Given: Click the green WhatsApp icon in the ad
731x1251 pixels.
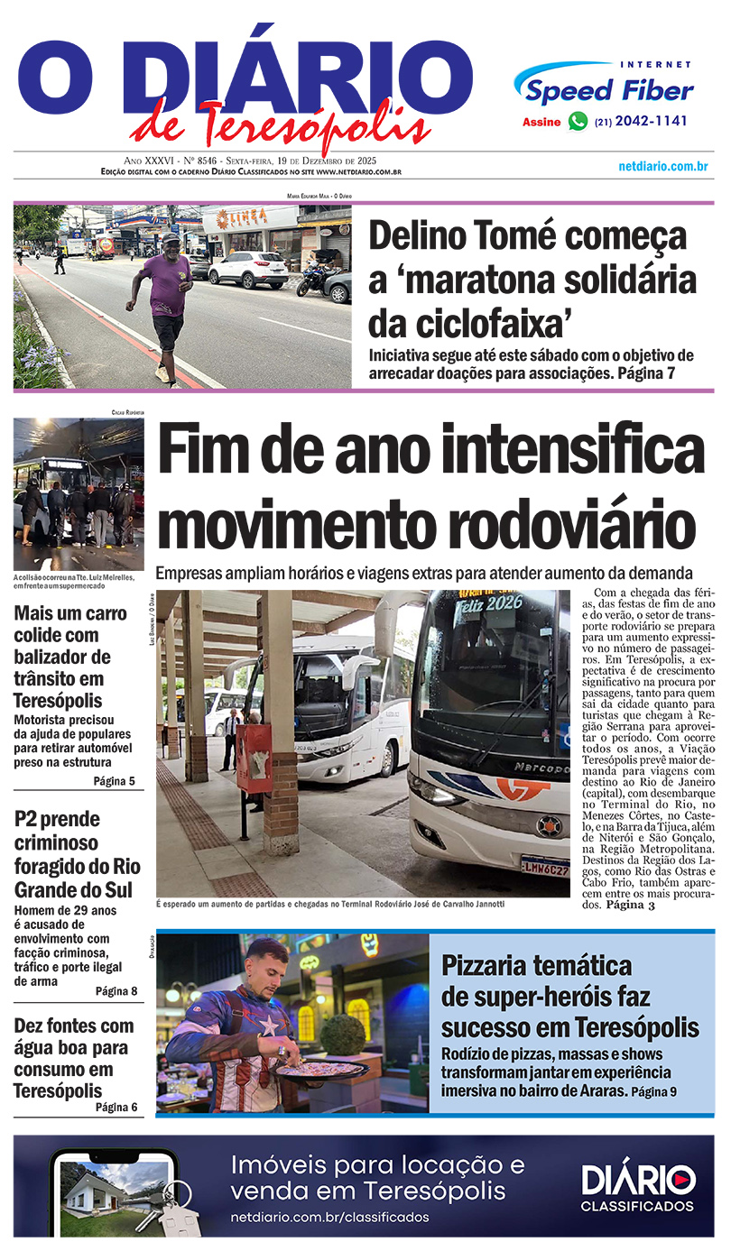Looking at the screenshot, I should coord(578,122).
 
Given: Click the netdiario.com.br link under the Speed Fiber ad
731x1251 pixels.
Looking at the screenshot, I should coord(662,167).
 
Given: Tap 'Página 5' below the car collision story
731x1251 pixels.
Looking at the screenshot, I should coord(114,781).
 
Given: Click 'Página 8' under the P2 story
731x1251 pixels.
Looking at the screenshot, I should coord(116,991).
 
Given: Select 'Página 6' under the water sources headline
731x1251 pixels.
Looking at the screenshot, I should coord(116,1107).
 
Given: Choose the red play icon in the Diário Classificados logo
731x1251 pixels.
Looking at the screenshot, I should coord(684,1179).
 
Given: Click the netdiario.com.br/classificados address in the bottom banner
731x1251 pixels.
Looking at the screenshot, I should coord(329,1217).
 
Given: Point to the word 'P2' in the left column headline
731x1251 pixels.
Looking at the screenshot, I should coord(31,821).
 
